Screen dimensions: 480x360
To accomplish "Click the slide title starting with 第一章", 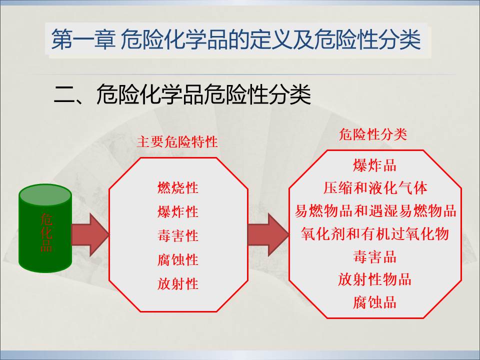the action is click(236, 39).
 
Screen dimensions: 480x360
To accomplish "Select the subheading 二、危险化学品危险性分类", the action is click(182, 94).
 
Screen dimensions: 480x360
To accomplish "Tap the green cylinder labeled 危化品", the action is click(45, 228).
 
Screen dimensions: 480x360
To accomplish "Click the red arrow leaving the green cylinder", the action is click(90, 235).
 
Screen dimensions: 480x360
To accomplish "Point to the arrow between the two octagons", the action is click(268, 235).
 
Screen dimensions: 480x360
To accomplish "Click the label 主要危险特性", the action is click(177, 142).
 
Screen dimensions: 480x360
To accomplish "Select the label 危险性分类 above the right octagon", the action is click(373, 134).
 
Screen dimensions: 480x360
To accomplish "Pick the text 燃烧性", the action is click(178, 187).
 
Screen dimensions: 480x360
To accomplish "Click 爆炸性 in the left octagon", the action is click(178, 211).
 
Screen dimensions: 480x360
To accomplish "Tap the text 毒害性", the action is click(178, 235).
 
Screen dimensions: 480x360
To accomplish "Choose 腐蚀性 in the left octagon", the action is click(178, 259).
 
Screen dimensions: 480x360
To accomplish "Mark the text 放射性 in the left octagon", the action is click(178, 283).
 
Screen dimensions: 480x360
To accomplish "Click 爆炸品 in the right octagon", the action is click(374, 165).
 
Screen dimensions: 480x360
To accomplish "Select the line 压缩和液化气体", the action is click(375, 188).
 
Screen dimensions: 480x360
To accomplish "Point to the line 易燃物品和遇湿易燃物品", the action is click(375, 211).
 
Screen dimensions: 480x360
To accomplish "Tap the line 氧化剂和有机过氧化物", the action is click(374, 233).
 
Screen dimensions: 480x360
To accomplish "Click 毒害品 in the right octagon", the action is click(374, 256).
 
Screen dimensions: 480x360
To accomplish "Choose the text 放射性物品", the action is click(374, 279).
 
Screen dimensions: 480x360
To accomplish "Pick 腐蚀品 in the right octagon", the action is click(374, 302).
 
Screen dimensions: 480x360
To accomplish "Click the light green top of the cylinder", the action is click(45, 195).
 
